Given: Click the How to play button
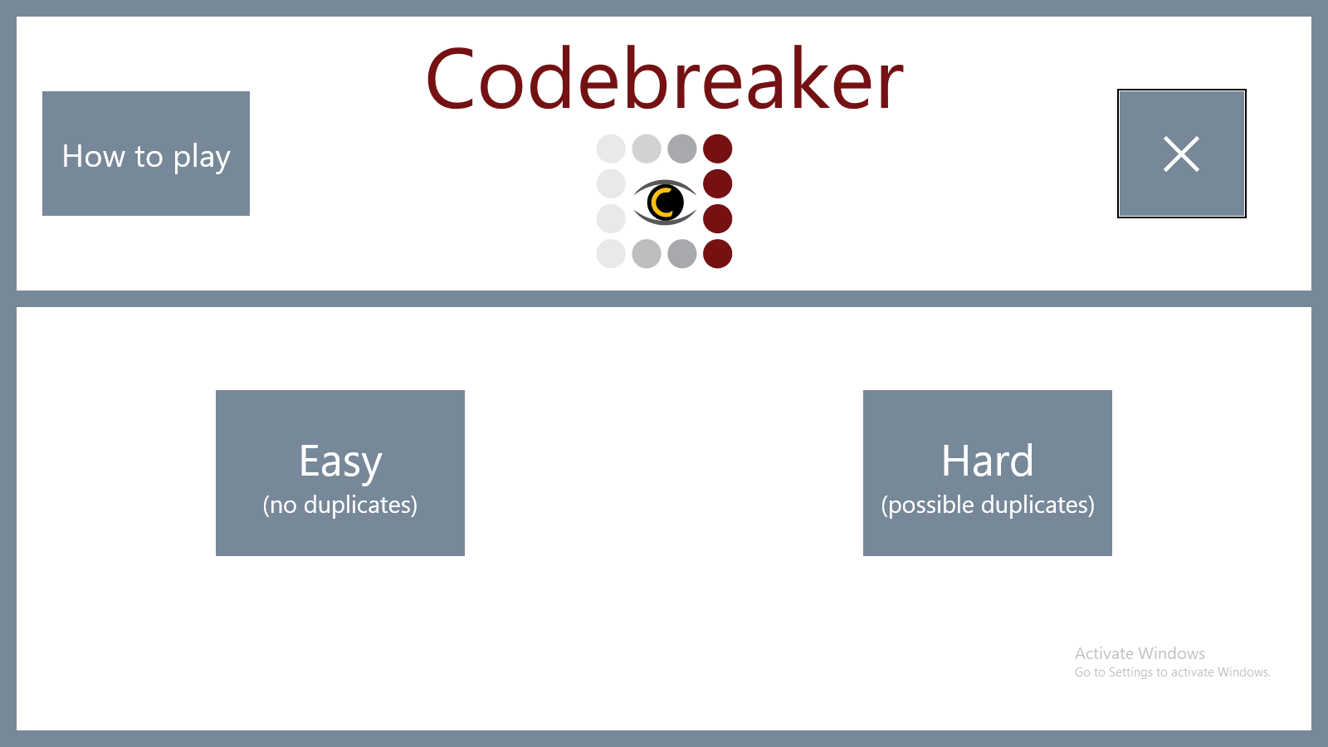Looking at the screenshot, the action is point(146,154).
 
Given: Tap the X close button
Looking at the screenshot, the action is point(1182,154).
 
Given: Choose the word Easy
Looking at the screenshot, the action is point(340,462).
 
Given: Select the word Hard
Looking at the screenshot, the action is point(987,460).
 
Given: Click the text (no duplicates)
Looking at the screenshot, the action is point(340,505).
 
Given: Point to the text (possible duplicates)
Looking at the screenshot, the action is point(988,505).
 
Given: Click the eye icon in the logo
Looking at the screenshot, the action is point(665,203).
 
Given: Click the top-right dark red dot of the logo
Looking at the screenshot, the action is point(717,149).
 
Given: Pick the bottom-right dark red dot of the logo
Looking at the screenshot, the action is point(717,254).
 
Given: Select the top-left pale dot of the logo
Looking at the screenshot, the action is point(611,149).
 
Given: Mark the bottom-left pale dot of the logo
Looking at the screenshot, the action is point(611,254).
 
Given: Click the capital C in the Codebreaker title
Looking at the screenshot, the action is point(450,80).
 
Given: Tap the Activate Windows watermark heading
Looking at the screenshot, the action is point(1140,653).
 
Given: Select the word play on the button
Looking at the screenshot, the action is point(202,157).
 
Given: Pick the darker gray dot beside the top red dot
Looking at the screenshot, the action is point(681,149).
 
